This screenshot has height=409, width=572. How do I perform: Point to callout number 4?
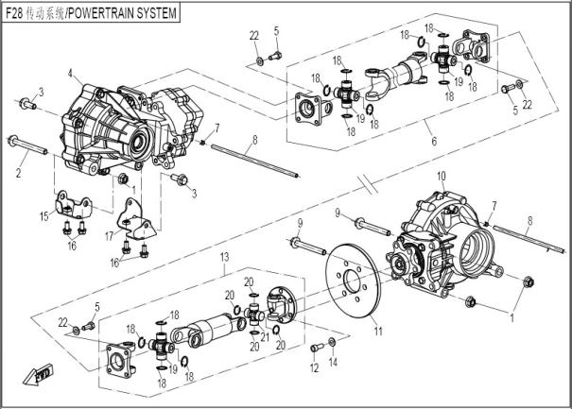point(70,73)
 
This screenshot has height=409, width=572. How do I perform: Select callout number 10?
point(441,177)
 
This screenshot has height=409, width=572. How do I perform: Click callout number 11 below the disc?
point(377,331)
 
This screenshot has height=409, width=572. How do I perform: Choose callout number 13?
point(224,257)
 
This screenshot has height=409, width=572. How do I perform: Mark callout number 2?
point(18,176)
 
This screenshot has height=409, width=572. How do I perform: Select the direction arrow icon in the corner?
point(41,374)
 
